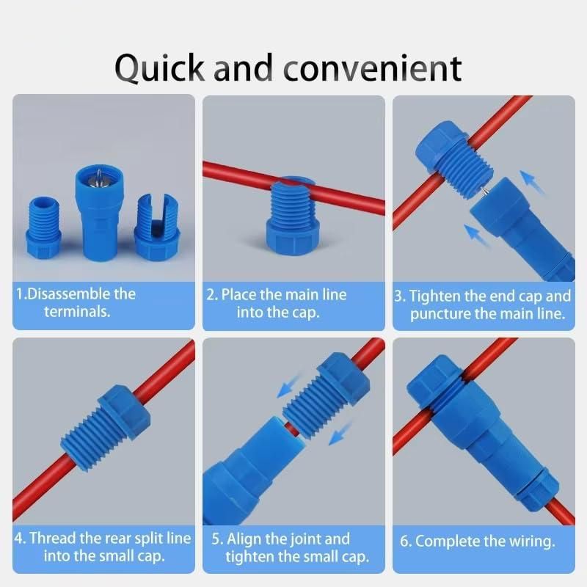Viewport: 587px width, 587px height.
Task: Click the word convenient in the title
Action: [x=373, y=68]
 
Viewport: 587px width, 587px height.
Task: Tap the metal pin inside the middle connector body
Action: [x=97, y=177]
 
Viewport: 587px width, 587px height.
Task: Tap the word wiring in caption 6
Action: [x=529, y=542]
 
